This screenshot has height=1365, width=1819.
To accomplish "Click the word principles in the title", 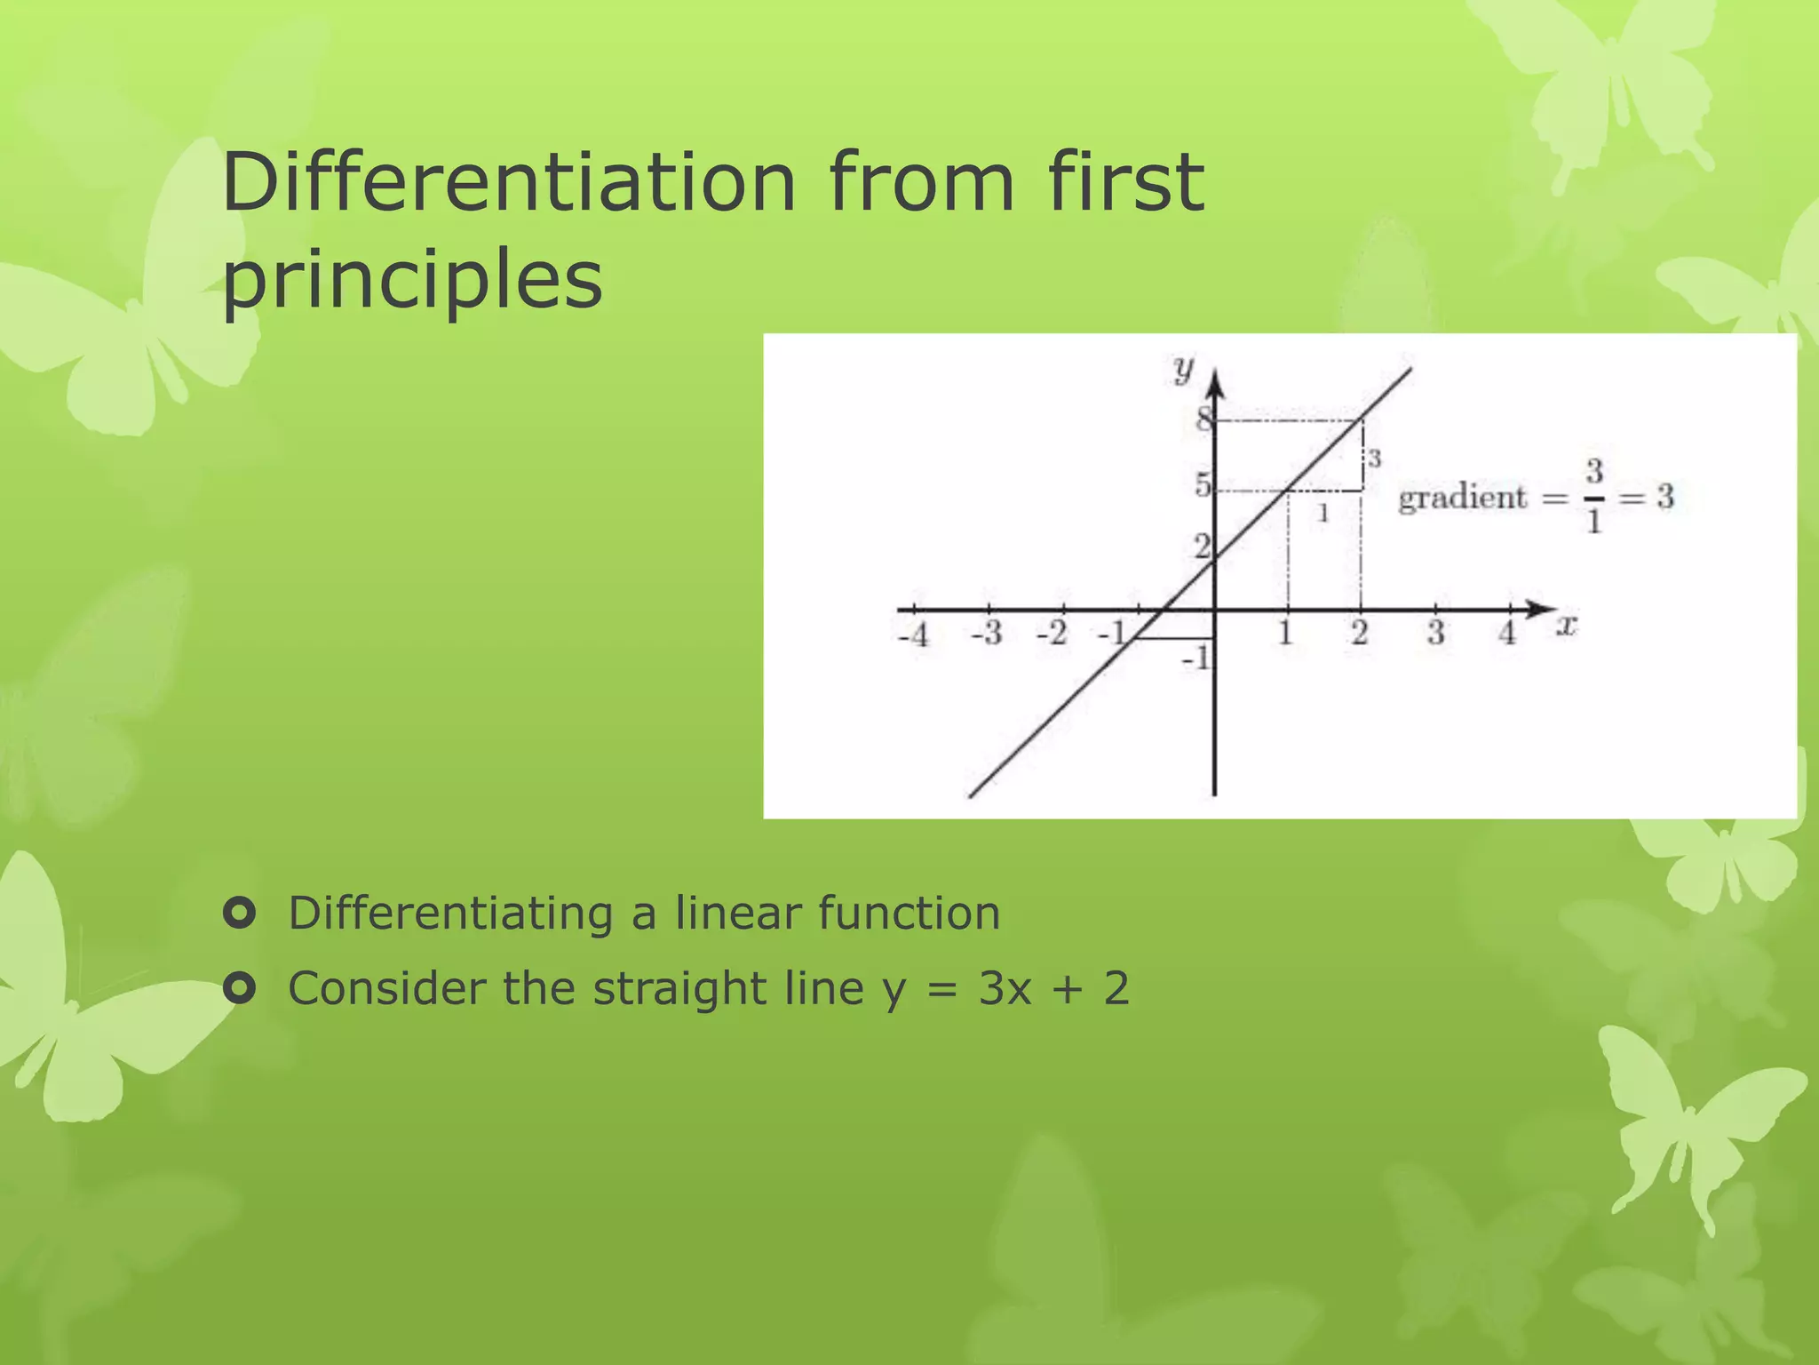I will (412, 279).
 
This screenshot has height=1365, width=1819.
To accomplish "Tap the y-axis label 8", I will (1203, 419).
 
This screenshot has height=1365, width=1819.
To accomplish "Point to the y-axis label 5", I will (1202, 485).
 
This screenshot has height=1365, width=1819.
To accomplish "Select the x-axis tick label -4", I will (914, 635).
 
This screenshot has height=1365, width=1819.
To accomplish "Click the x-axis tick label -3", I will (987, 634).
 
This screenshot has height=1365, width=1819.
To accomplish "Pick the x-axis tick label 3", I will (1435, 633).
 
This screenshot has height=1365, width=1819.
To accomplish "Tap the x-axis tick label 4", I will (1507, 633).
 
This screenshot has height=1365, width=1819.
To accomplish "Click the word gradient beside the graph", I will (1462, 497).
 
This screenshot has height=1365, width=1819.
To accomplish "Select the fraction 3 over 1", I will (1594, 496).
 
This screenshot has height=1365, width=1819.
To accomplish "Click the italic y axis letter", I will (1183, 368).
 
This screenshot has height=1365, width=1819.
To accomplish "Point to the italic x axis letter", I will (1566, 627).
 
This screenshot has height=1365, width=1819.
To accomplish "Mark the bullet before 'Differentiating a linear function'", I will (240, 913).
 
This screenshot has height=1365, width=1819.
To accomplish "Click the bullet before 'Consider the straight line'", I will (240, 987).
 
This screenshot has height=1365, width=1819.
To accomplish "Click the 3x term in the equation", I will (1005, 988).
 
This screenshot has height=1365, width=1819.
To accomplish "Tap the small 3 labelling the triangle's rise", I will (1374, 459).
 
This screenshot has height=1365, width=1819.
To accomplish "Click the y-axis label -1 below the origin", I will (1195, 659).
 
